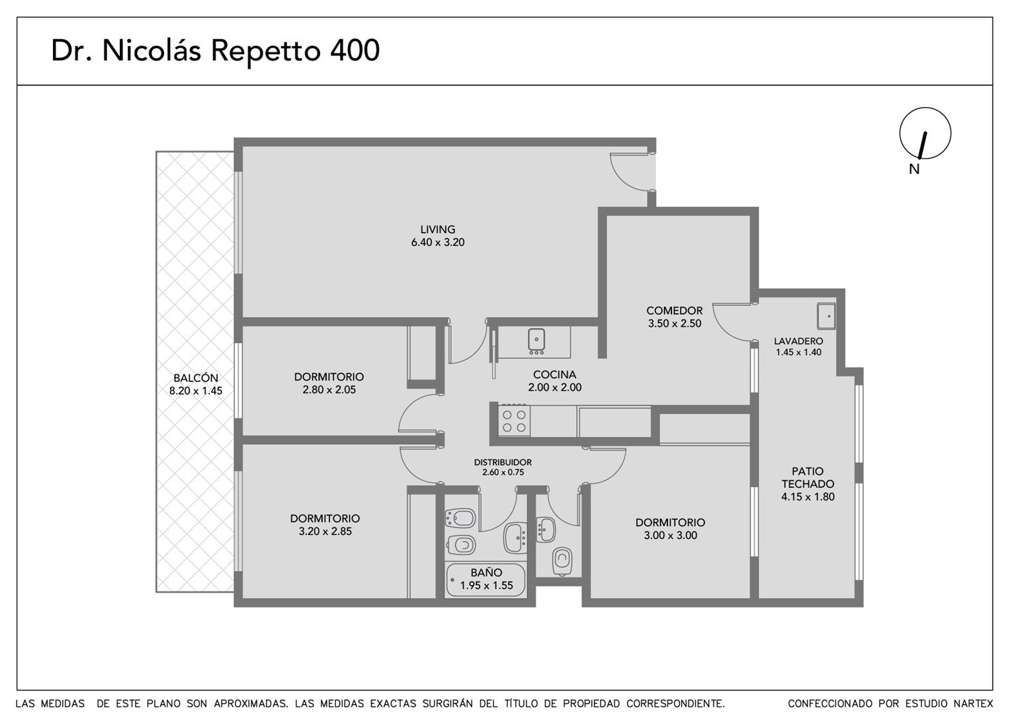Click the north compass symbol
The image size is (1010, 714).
(925, 134)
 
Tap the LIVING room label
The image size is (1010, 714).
(438, 229)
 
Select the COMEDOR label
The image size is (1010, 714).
(675, 311)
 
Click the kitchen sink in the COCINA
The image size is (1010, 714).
(536, 341)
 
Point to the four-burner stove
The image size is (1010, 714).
(514, 421)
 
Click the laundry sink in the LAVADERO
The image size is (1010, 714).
(826, 316)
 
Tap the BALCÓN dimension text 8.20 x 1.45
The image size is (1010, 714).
(196, 391)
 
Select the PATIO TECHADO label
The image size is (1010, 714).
(808, 477)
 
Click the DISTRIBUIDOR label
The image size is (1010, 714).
(503, 462)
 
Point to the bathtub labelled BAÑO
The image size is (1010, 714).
(485, 579)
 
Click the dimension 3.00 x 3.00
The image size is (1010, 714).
(671, 535)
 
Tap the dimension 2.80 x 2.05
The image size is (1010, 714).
(329, 389)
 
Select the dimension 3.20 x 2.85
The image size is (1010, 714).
(325, 531)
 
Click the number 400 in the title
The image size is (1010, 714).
(355, 50)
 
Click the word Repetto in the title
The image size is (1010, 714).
(266, 52)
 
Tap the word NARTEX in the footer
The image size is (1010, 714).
(973, 703)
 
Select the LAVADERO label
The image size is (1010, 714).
(798, 341)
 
